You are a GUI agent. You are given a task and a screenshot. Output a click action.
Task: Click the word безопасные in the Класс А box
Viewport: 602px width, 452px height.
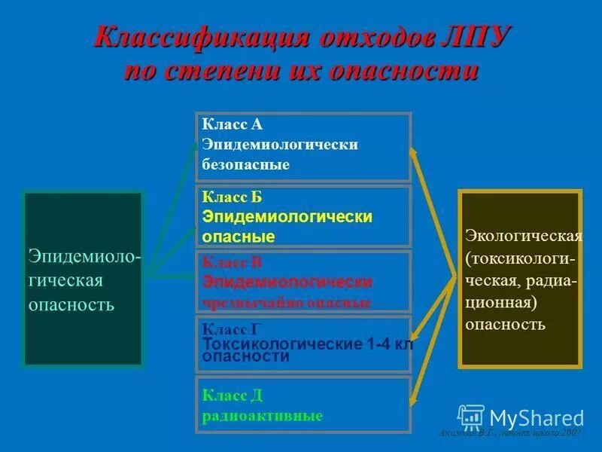click(x=245, y=164)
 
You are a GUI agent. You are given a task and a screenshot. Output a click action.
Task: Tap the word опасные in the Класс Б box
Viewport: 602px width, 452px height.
click(x=238, y=237)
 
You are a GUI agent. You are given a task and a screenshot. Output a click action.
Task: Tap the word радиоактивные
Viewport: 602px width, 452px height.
click(x=262, y=416)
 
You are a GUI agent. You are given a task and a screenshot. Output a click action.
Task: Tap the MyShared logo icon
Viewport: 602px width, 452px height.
click(x=471, y=417)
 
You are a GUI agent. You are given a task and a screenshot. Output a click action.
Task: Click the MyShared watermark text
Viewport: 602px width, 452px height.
click(x=537, y=417)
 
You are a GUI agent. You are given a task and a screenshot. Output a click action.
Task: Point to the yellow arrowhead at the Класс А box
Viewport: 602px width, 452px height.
click(x=413, y=152)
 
